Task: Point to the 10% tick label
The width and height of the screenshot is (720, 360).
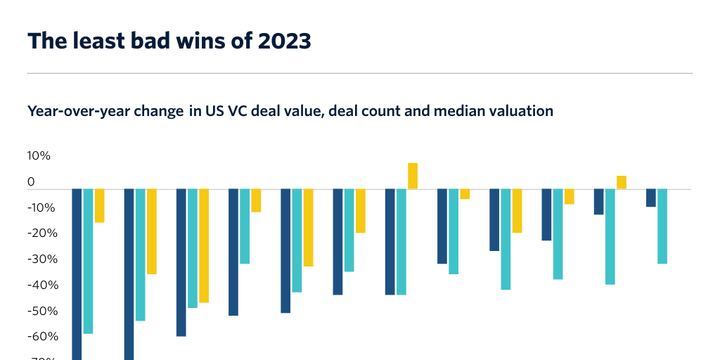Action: click(39, 156)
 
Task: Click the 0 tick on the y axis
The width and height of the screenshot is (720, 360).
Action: click(31, 182)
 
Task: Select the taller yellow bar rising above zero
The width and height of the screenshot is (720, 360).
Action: click(413, 176)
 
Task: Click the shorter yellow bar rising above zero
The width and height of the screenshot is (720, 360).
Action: click(622, 182)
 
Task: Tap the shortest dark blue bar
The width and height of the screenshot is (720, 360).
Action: click(651, 198)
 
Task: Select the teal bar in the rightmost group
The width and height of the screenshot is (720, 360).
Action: click(662, 226)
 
